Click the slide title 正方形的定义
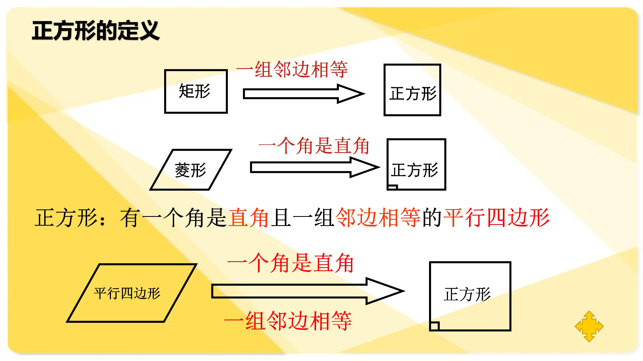coord(96,30)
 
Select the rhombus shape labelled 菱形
coord(191,170)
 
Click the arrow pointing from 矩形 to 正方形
coord(304,94)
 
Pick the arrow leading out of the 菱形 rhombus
coord(315,167)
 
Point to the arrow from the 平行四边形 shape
coord(308,291)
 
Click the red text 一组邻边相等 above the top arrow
coord(292,69)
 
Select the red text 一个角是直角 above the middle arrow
coord(314,145)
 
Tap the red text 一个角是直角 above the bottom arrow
coord(291,263)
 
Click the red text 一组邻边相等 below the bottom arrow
coord(288,321)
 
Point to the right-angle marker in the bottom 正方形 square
coord(435,326)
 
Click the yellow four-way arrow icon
coord(589,326)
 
